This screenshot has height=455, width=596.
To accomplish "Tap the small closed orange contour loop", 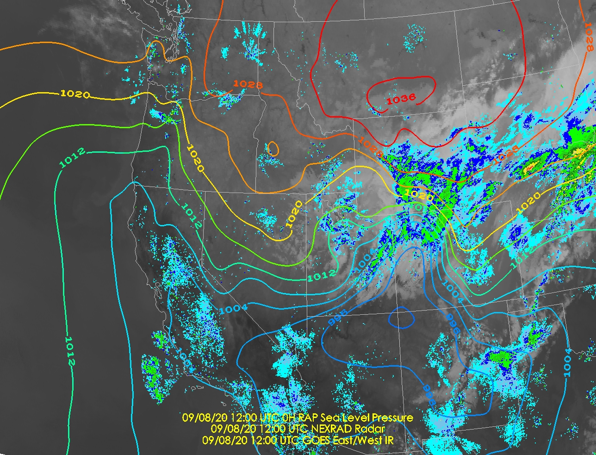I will pos(273,149).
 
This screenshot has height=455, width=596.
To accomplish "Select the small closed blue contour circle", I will pos(401,318).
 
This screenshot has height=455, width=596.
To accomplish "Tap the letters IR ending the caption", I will pos(389,440).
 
